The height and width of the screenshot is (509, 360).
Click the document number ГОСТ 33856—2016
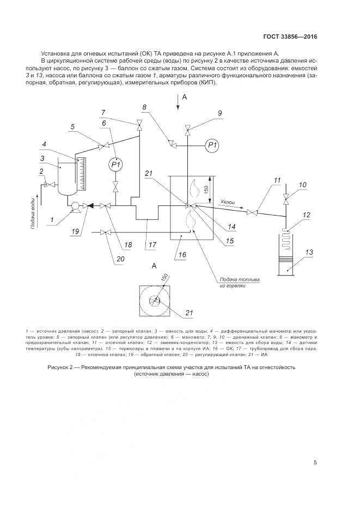[x=290, y=37]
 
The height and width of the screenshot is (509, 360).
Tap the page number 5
[x=315, y=462]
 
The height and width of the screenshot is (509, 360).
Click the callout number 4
[x=52, y=144]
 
